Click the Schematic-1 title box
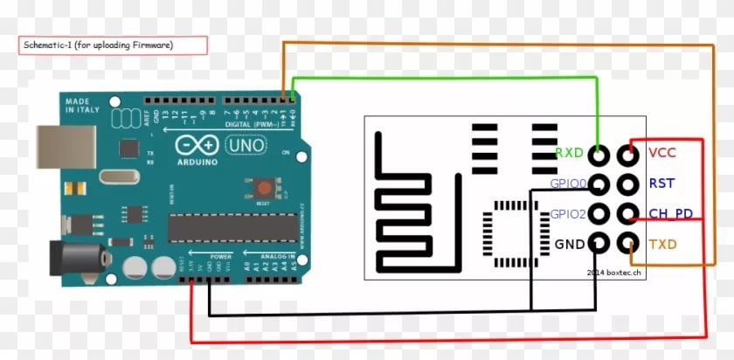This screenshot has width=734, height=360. click(113, 45)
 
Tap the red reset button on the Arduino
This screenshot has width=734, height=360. click(260, 186)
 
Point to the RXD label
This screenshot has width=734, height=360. click(569, 154)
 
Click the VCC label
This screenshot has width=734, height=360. click(661, 154)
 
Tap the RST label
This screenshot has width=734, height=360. click(661, 183)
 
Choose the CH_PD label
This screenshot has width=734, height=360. click(670, 213)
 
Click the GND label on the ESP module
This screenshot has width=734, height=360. click(569, 244)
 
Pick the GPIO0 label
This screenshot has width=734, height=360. click(567, 183)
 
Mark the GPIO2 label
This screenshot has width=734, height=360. click(567, 214)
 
